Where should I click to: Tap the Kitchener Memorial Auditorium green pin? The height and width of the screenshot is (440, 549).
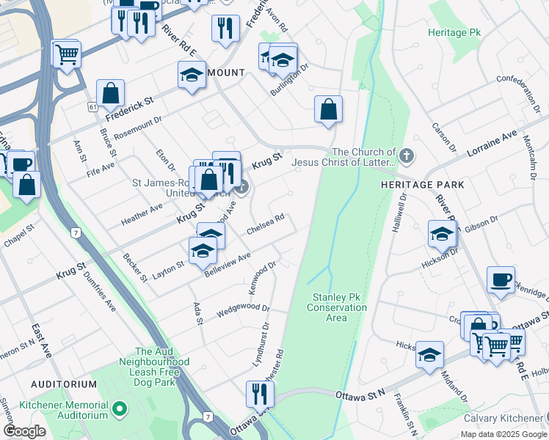point(120,406)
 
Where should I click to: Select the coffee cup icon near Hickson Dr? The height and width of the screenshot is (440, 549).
point(501,279)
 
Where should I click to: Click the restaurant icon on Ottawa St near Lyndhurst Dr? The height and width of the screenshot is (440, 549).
point(260,395)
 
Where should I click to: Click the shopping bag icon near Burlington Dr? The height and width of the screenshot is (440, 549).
point(328,109)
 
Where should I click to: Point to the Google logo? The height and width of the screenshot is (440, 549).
point(24,431)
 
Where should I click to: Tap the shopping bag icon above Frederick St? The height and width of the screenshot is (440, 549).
point(110,93)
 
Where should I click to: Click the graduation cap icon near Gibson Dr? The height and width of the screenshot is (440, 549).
point(442,234)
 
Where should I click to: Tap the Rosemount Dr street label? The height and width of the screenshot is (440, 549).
point(137,125)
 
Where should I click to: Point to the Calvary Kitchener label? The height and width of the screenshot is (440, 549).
point(502,419)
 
